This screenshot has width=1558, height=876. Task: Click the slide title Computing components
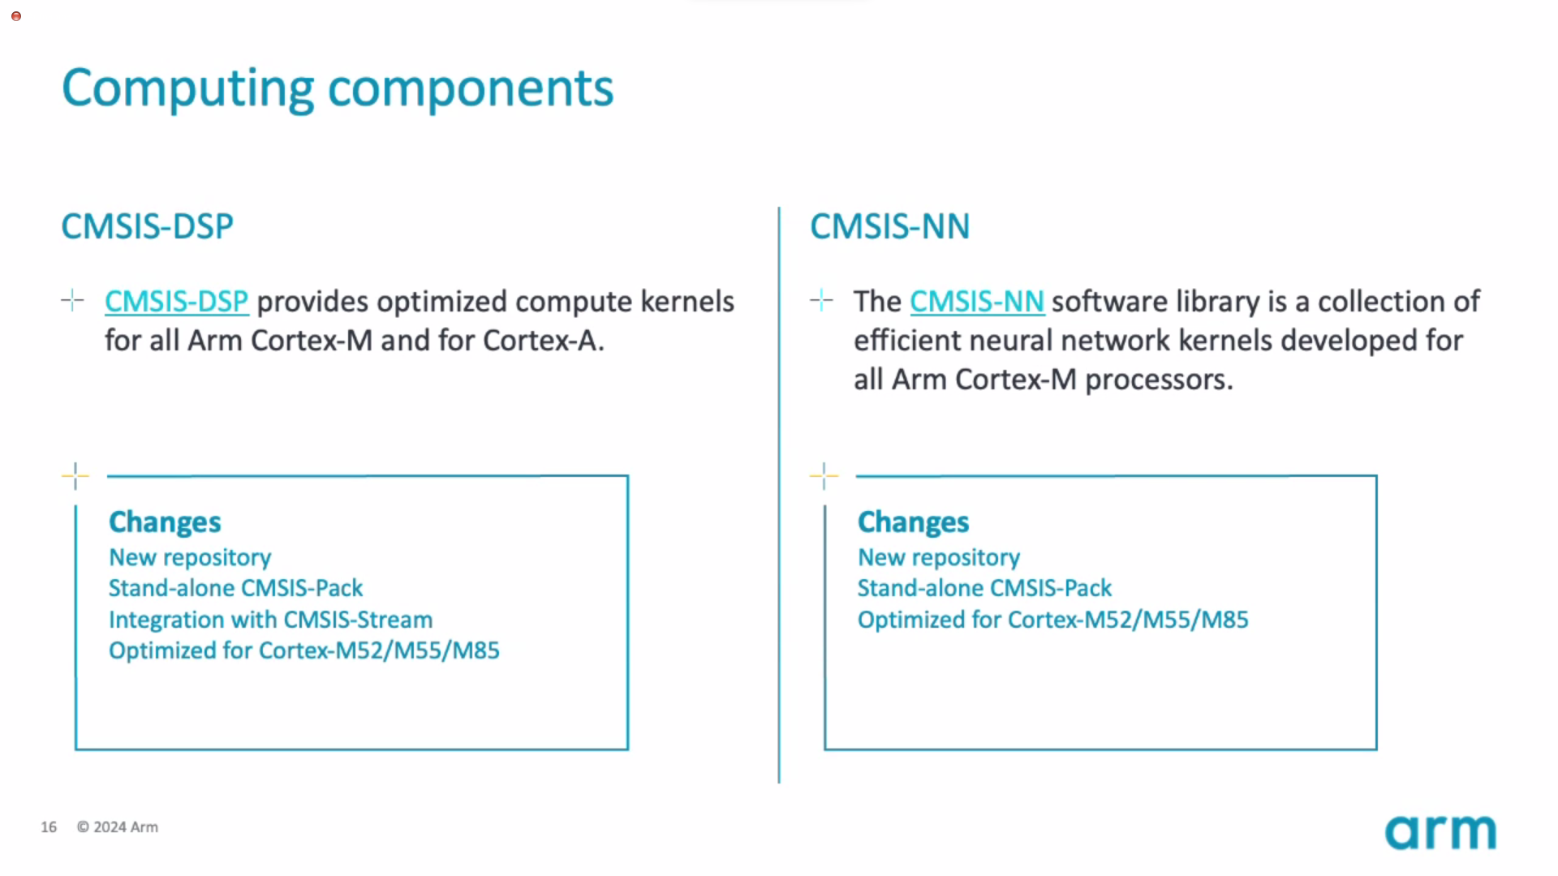tap(338, 89)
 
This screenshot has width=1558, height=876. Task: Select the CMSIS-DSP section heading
tap(147, 226)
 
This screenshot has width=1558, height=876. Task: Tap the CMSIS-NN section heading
tap(889, 226)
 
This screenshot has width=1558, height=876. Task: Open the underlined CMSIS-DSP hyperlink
tap(176, 302)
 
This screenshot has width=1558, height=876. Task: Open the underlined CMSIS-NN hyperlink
tap(977, 302)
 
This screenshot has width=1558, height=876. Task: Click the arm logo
tap(1440, 832)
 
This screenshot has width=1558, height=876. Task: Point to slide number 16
tap(49, 827)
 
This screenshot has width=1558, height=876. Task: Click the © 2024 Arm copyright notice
tap(118, 827)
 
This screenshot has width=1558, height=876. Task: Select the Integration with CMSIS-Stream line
tap(270, 620)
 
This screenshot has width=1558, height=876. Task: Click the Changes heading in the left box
tap(165, 522)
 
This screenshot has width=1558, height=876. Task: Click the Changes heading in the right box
tap(913, 522)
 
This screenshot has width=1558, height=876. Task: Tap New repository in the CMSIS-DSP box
tap(190, 558)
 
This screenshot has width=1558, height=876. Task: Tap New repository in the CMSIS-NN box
tap(939, 558)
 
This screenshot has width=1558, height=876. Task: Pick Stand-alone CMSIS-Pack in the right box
tap(984, 588)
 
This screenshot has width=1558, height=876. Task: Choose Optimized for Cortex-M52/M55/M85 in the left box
tap(304, 651)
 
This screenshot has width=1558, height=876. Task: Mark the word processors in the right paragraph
tap(1159, 380)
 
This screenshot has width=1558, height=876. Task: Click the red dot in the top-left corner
tap(15, 16)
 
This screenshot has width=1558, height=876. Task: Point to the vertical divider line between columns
tap(779, 495)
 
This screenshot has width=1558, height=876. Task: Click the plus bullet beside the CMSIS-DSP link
tap(72, 301)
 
